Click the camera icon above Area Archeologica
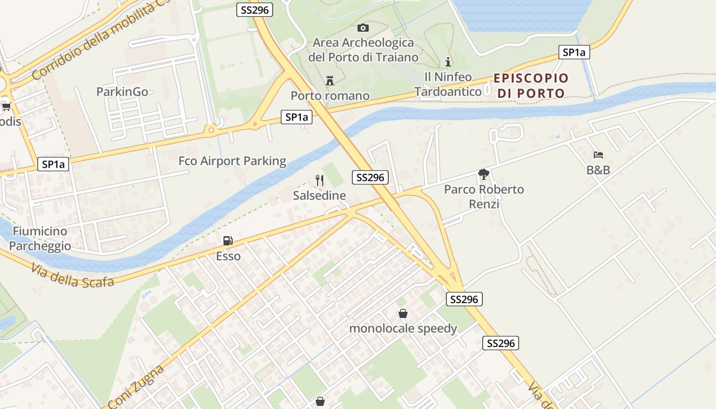point(363,28)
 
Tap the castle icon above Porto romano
point(330,80)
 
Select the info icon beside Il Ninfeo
point(448,62)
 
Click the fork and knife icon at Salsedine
point(320,180)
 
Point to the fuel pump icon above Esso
point(228,241)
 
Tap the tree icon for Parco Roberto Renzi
point(483,175)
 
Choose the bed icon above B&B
point(598,154)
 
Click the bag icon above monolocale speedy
point(403,313)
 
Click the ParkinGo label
point(122,92)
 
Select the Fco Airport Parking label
point(232,161)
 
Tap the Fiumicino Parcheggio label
point(40,238)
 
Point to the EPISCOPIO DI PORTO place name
point(531,85)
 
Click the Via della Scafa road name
point(72,275)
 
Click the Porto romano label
point(330,96)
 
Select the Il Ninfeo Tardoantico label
point(448,84)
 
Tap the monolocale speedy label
point(403,328)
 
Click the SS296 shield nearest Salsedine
point(370,177)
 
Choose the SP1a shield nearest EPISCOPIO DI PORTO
point(574,52)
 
